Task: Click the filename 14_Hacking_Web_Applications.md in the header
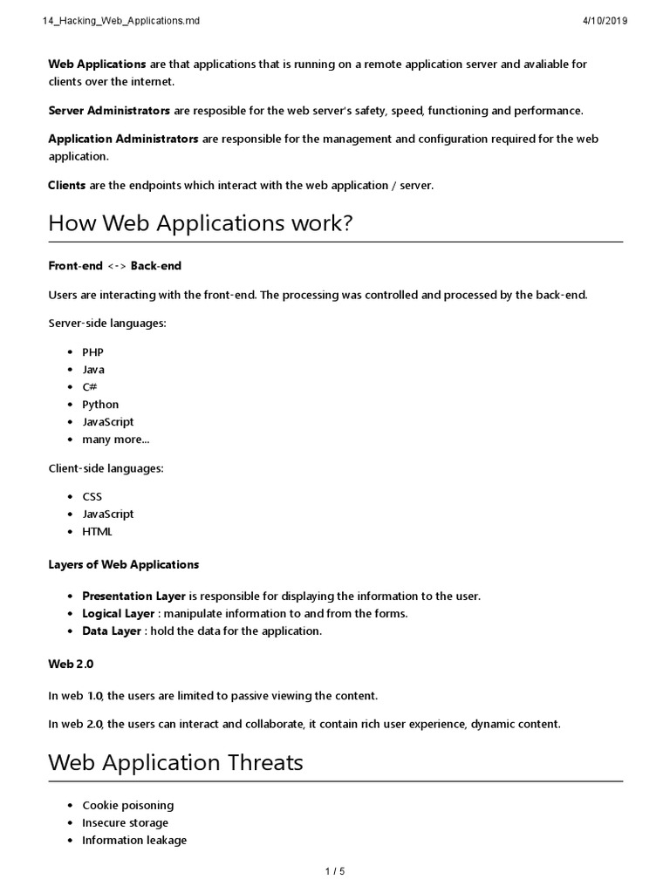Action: click(121, 21)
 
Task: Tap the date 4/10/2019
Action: click(604, 21)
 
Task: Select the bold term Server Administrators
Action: click(109, 111)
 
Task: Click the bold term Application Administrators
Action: click(123, 139)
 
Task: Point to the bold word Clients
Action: click(66, 185)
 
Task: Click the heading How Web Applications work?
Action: click(200, 223)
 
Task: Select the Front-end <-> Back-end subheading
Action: click(114, 265)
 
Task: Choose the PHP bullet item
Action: click(92, 352)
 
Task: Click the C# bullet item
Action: click(89, 387)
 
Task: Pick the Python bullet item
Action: click(100, 405)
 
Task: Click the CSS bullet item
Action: click(92, 497)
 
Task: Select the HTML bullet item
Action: click(97, 532)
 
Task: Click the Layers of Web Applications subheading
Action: click(123, 564)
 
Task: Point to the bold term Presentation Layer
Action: click(133, 596)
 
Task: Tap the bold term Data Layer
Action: click(112, 631)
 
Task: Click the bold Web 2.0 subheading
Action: click(71, 664)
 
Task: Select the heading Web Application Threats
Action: click(175, 762)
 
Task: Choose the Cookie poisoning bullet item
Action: click(127, 806)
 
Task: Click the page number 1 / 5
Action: click(335, 871)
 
